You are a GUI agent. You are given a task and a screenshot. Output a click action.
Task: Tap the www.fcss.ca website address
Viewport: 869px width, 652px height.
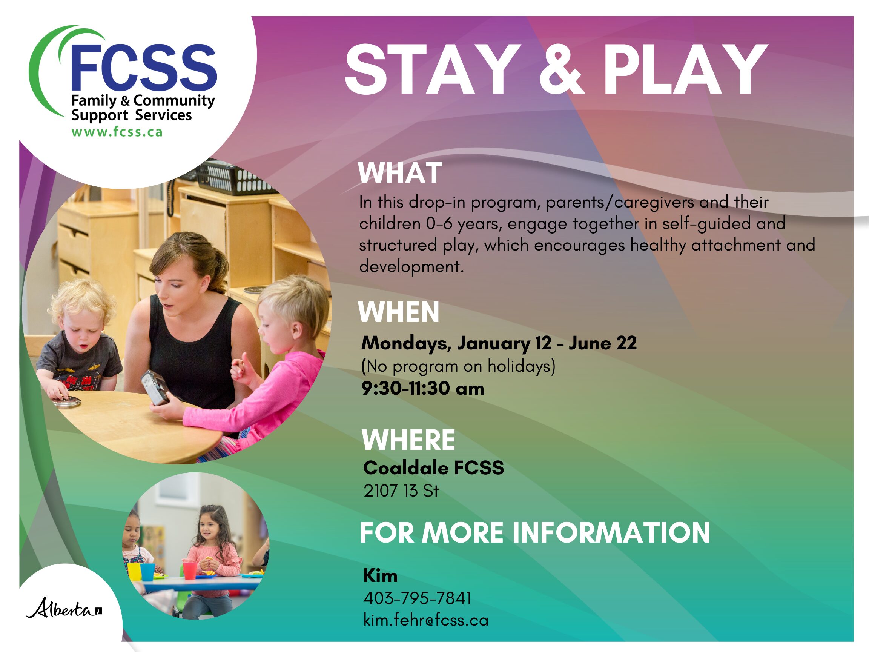117,132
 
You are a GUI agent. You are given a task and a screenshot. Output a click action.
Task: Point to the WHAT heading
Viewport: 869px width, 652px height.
400,172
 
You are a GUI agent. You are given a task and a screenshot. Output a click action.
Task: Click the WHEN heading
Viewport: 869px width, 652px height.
398,312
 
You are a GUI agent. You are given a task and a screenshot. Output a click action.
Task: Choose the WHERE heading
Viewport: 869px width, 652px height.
408,440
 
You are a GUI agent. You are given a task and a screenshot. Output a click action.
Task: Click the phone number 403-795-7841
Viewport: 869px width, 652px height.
417,598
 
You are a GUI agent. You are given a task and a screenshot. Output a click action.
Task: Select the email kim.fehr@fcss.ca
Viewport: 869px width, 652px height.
426,620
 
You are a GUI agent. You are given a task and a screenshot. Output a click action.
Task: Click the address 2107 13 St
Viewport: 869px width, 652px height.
401,491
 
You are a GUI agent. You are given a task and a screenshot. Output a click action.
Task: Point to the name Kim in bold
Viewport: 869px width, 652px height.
380,576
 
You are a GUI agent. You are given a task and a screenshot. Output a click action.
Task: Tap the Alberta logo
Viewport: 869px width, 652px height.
64,607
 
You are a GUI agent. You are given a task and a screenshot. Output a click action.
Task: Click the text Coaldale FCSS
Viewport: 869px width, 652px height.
434,467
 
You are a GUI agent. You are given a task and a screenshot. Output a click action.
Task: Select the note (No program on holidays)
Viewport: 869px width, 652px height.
458,366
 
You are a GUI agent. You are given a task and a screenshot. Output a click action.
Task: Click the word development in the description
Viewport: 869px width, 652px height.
411,267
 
